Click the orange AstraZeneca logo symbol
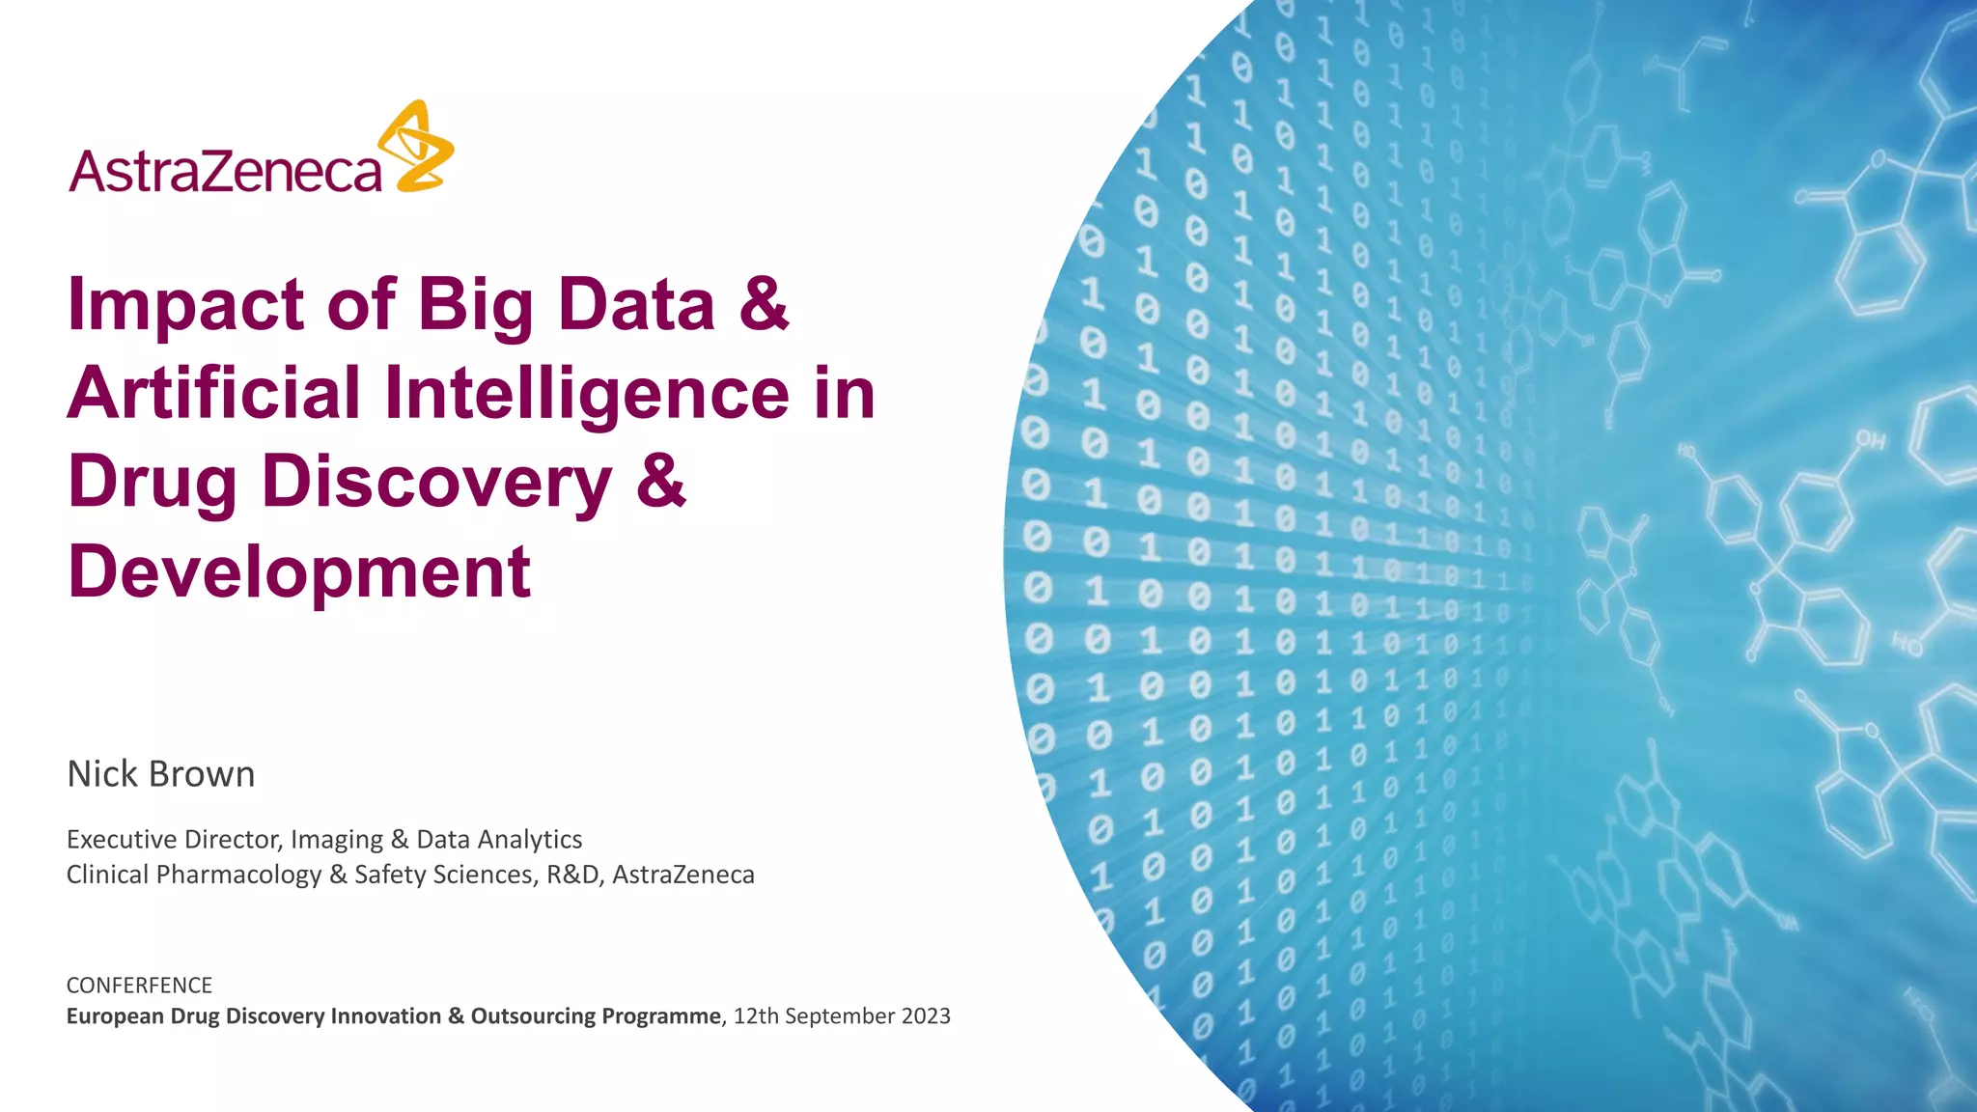point(417,146)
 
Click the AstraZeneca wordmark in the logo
point(226,172)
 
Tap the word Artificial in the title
point(213,394)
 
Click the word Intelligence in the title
point(587,394)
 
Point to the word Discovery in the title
point(436,483)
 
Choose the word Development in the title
point(299,571)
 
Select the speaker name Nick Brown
point(160,774)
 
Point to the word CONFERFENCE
point(139,986)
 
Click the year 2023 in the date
point(926,1016)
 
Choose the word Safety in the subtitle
point(390,875)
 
